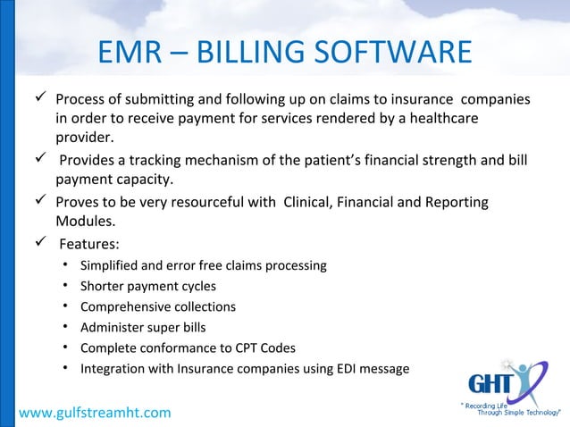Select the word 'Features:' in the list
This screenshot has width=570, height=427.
pos(89,243)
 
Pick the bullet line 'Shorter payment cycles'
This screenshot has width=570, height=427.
pos(147,287)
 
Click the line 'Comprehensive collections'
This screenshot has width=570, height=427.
pos(158,307)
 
